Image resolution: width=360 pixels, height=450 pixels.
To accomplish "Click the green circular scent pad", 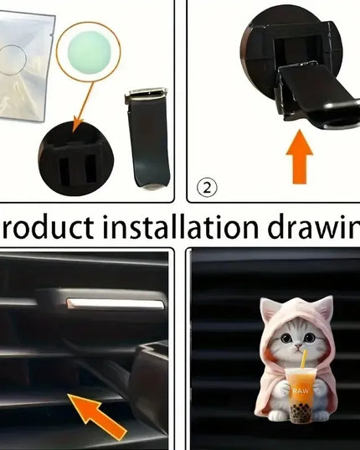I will tap(88, 48).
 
